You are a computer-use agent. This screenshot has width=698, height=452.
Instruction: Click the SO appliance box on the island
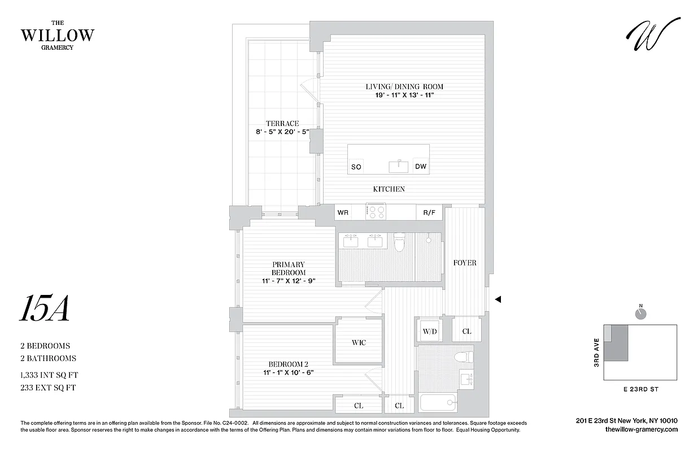point(356,167)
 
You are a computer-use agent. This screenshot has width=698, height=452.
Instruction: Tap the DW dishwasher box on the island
point(421,166)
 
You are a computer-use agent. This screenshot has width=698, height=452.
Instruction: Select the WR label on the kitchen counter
point(343,213)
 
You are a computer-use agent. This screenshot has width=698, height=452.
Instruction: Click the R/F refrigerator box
point(429,213)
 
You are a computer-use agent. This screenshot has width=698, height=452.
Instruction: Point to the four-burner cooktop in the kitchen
point(376,212)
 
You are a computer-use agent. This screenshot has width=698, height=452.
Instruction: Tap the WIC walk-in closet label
point(359,342)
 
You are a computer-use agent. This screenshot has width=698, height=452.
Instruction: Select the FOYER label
point(465,263)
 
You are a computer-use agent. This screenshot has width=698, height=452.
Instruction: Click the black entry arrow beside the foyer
point(498,300)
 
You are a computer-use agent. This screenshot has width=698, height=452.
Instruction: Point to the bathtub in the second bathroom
point(438,402)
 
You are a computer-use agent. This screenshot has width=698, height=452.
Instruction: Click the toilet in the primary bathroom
point(400,242)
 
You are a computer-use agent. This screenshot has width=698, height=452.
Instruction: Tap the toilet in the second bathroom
point(464,357)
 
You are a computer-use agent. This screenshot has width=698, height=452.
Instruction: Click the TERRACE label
point(282,124)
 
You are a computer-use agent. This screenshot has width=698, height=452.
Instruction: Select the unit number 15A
point(45,309)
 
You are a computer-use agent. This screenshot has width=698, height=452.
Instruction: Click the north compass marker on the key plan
point(640,312)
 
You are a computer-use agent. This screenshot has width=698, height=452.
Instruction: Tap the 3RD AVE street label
point(596,353)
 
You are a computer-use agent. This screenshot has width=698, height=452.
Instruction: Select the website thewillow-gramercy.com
point(641,430)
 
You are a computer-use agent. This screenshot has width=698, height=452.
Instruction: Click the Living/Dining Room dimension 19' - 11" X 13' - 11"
point(404,95)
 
